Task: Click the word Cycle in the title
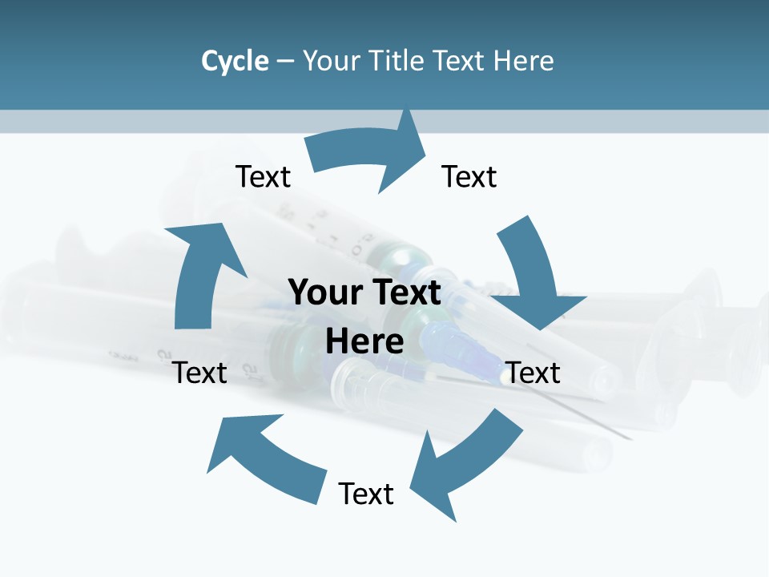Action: (235, 61)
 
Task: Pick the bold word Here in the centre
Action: (364, 341)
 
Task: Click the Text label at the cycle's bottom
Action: (366, 494)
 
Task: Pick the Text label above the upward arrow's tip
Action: (263, 176)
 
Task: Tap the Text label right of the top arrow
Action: (469, 176)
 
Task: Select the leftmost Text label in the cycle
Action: (200, 373)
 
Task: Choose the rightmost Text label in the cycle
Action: (533, 373)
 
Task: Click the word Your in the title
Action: (329, 61)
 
